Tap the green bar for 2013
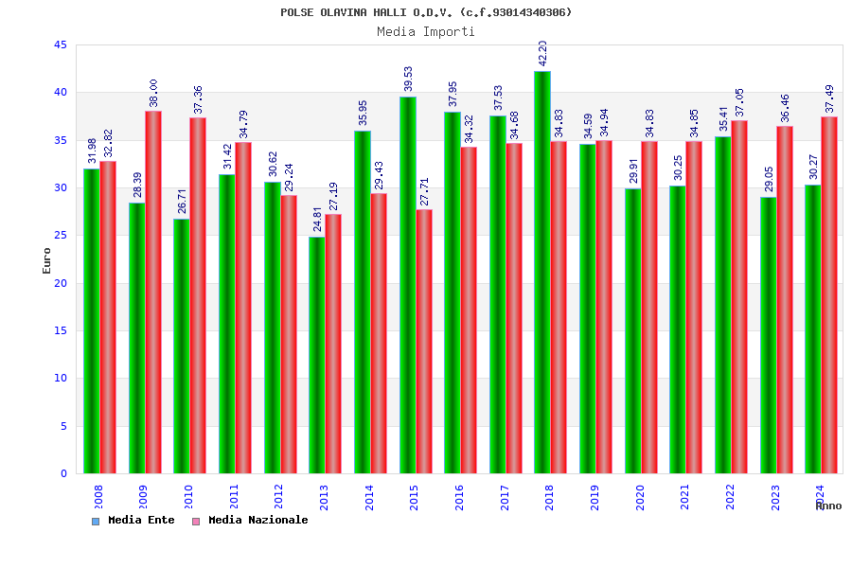[317, 355]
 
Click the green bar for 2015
[407, 285]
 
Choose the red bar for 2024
[829, 294]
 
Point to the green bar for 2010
[182, 346]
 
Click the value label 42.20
[542, 53]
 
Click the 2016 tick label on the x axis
[459, 497]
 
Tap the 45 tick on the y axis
[61, 45]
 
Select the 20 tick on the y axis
[61, 283]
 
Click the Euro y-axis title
[47, 260]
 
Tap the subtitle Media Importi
[426, 31]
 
